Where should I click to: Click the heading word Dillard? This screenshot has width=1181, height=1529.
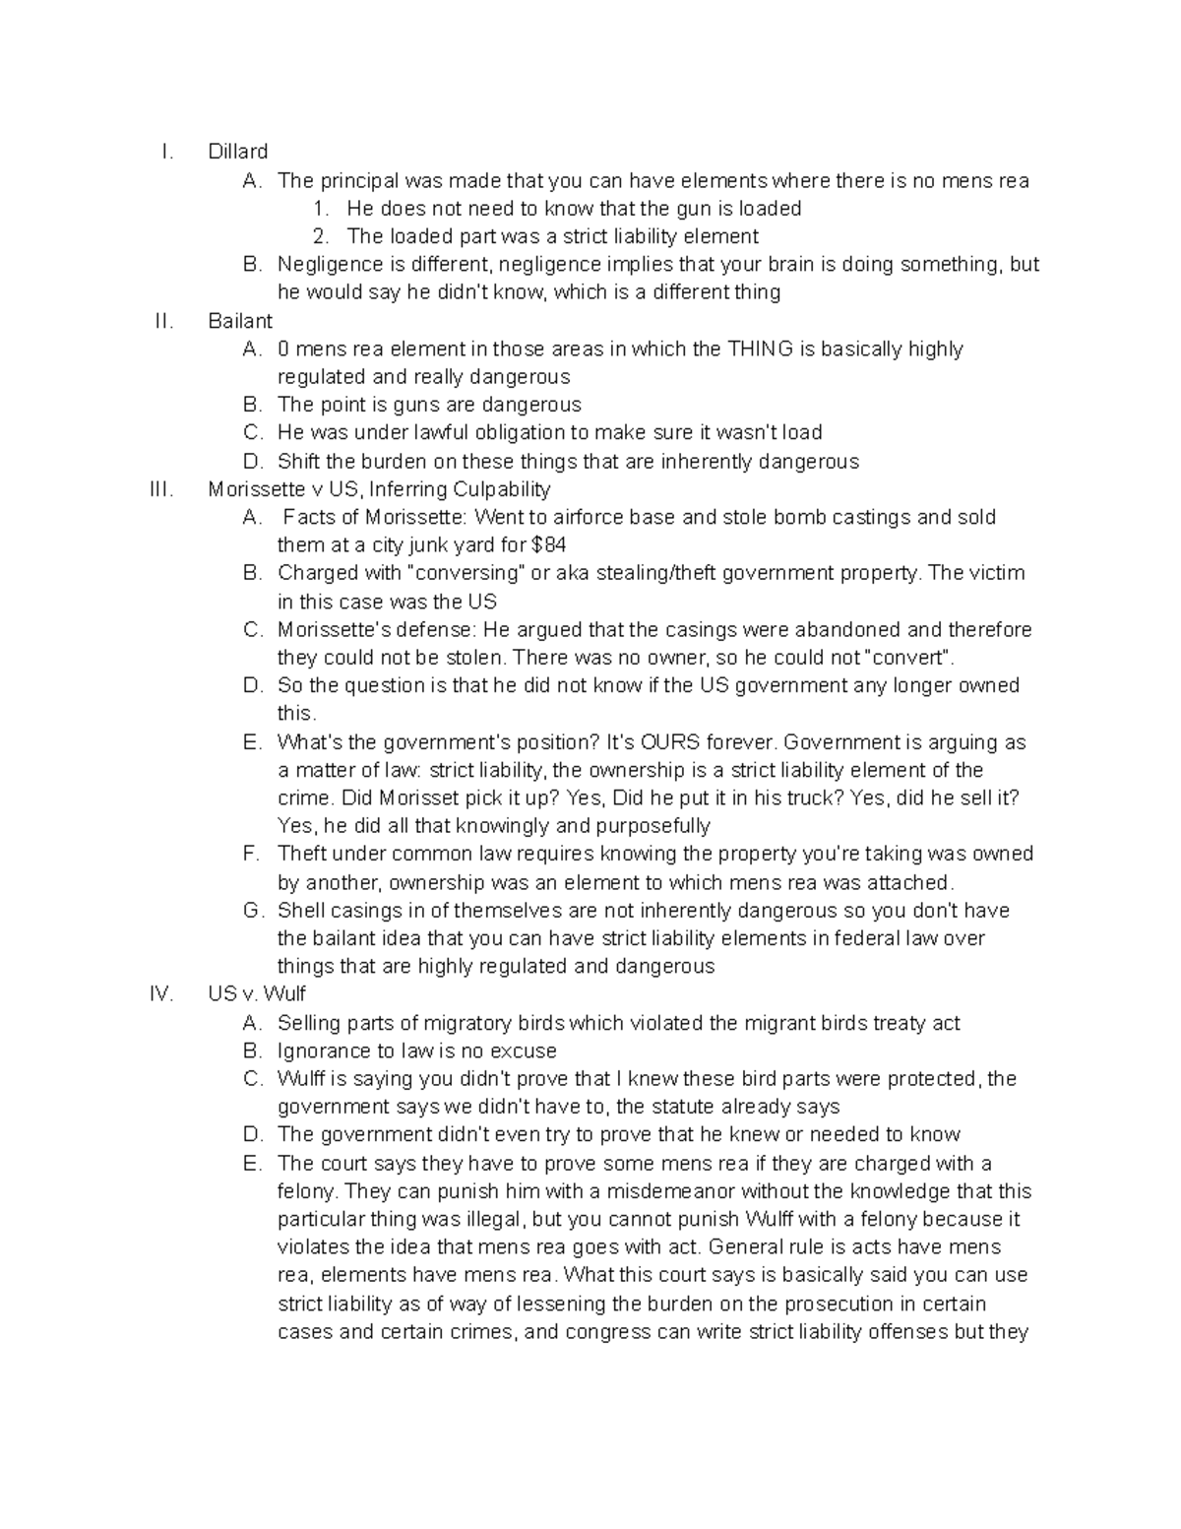pos(237,152)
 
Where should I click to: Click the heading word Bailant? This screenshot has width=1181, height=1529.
pos(240,321)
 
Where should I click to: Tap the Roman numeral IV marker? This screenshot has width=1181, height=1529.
pos(161,994)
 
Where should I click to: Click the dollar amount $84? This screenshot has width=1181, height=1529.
pos(548,545)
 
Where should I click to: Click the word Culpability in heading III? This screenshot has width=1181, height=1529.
pos(501,489)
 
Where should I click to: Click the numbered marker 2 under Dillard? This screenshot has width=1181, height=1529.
pos(320,236)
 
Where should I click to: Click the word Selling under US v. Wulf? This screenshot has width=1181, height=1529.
pos(308,1023)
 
